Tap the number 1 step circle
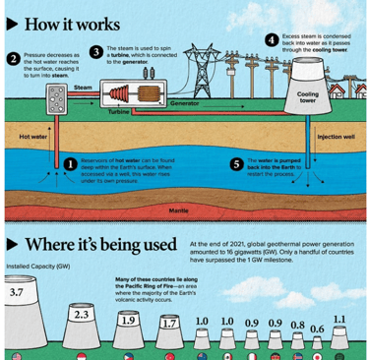pyautogui.click(x=71, y=164)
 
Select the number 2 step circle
pyautogui.click(x=14, y=58)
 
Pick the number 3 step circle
pyautogui.click(x=95, y=51)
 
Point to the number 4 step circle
pyautogui.click(x=272, y=40)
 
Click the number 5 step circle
pyautogui.click(x=236, y=164)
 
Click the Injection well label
pyautogui.click(x=336, y=137)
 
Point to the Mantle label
pyautogui.click(x=178, y=210)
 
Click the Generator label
pyautogui.click(x=184, y=103)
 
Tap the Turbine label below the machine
pyautogui.click(x=118, y=112)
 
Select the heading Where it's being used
pyautogui.click(x=100, y=245)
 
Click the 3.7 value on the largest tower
pyautogui.click(x=17, y=292)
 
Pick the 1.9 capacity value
pyautogui.click(x=128, y=321)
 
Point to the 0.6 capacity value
pyautogui.click(x=317, y=329)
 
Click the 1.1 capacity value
pyautogui.click(x=339, y=320)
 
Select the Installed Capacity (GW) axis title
pyautogui.click(x=37, y=267)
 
